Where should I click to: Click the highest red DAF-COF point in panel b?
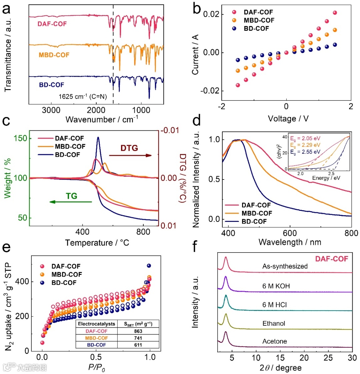pyautogui.click(x=335, y=13)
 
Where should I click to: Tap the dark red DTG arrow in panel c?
pyautogui.click(x=130, y=155)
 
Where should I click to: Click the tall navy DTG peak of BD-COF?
pyautogui.click(x=98, y=137)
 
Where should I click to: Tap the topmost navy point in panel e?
pyautogui.click(x=149, y=266)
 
